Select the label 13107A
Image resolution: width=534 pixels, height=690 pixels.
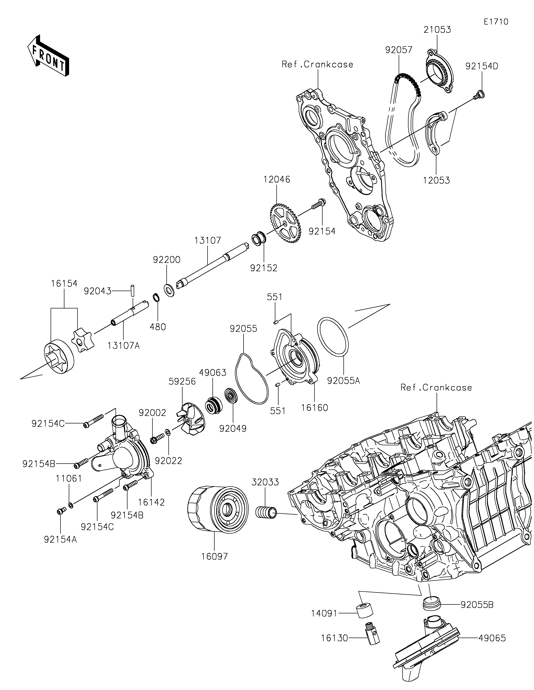click(x=123, y=346)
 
